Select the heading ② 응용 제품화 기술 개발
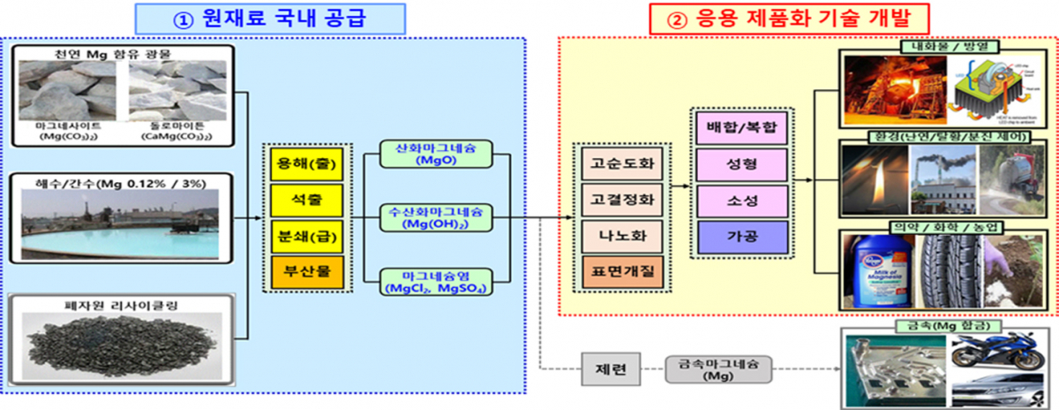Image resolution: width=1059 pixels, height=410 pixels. pyautogui.click(x=788, y=18)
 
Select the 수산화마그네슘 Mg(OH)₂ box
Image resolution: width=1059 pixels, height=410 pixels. pyautogui.click(x=432, y=218)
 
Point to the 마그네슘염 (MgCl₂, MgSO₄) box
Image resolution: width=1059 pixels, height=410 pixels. pyautogui.click(x=432, y=281)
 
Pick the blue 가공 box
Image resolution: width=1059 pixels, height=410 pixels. pyautogui.click(x=740, y=236)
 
